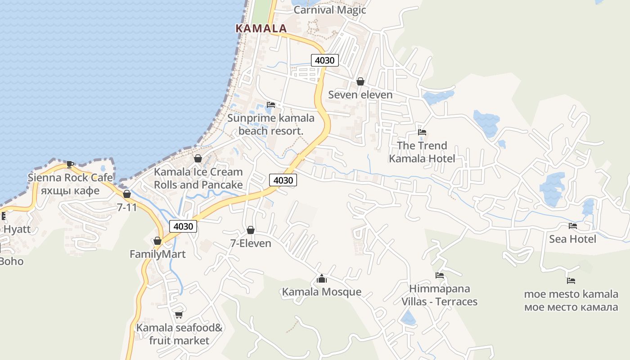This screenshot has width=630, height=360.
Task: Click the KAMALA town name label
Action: (x=261, y=28)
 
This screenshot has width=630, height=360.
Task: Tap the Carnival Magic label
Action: (x=329, y=10)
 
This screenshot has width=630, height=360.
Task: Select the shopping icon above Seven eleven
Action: (x=360, y=81)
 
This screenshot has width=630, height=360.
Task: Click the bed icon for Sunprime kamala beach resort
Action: (x=270, y=105)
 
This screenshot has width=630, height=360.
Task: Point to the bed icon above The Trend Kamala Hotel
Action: (x=422, y=132)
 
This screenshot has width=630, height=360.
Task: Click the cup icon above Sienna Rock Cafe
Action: (x=70, y=164)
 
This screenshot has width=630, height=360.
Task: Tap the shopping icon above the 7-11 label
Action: (x=127, y=194)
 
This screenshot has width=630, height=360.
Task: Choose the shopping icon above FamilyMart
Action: (x=157, y=241)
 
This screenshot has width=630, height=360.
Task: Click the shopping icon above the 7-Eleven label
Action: (x=251, y=230)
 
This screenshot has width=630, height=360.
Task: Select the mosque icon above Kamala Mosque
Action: (x=321, y=279)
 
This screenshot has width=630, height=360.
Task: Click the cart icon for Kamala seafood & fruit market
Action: (x=179, y=315)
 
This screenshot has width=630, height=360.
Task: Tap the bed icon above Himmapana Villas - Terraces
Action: (x=439, y=275)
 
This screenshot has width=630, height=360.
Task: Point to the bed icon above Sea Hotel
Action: (x=572, y=225)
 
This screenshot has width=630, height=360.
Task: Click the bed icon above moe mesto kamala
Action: (x=571, y=281)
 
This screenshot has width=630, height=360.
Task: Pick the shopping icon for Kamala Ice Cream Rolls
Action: (x=198, y=158)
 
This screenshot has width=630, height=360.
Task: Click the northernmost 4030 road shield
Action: (x=324, y=60)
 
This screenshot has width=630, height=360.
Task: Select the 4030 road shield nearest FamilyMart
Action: (x=183, y=226)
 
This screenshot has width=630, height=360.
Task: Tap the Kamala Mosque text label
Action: (x=321, y=292)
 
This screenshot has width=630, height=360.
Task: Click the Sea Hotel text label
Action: (x=572, y=239)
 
